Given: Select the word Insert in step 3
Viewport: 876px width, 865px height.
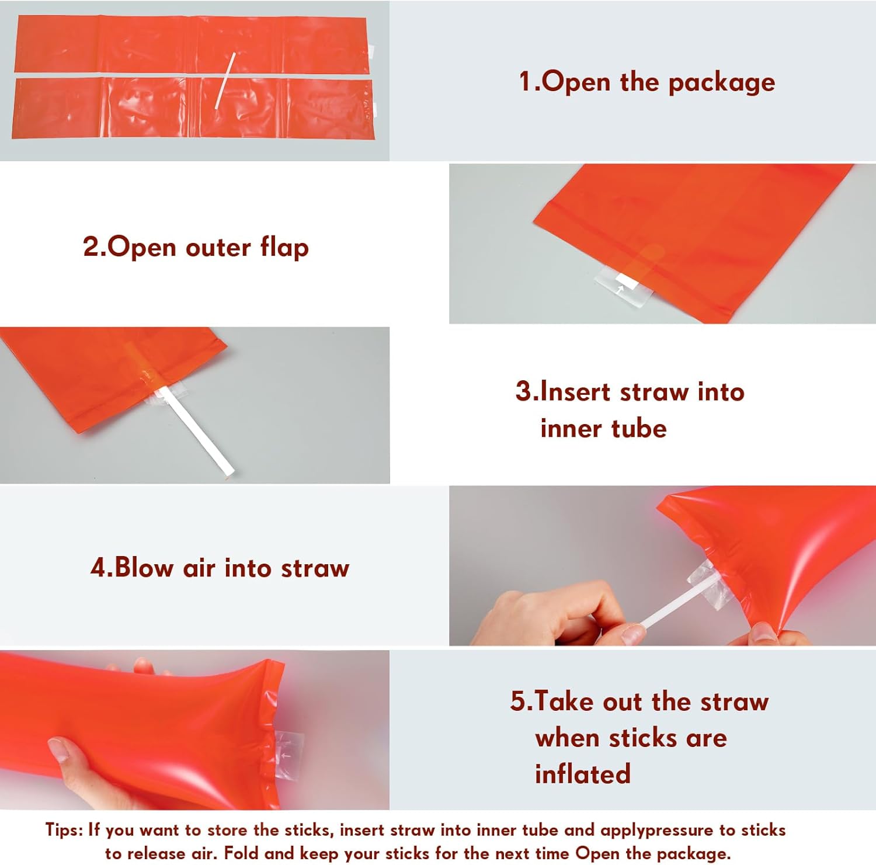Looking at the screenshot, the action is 576,391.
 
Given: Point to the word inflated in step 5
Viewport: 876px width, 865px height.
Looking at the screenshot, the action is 583,774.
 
